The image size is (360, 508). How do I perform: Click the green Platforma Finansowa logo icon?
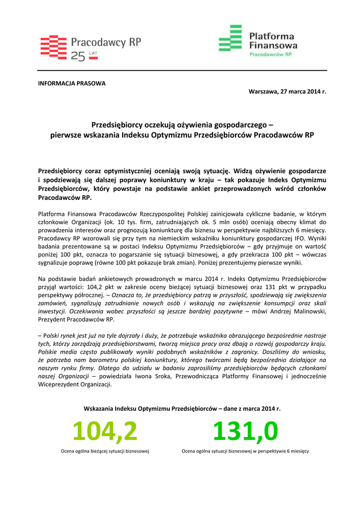[230, 38]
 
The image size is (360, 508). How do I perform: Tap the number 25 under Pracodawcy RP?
[78, 57]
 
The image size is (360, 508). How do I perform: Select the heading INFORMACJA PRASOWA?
[72, 83]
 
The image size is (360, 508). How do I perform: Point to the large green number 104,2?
[105, 432]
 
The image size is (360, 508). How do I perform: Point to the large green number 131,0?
[245, 432]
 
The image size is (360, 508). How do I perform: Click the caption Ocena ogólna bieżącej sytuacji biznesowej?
[105, 451]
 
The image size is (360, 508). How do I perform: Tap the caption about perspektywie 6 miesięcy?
[245, 451]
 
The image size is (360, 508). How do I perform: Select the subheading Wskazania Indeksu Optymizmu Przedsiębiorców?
[182, 409]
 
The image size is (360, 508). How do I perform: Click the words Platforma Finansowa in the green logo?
[271, 40]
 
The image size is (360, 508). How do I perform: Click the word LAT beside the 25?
[93, 52]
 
